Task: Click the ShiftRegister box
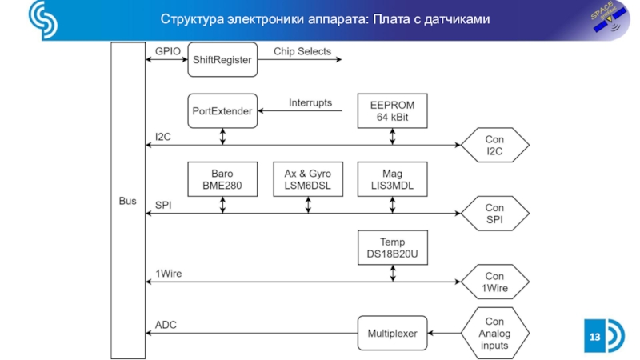[223, 60]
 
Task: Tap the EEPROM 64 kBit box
[392, 111]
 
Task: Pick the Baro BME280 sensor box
[222, 180]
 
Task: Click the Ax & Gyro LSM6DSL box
[307, 180]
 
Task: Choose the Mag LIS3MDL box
[392, 180]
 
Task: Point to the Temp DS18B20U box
[392, 248]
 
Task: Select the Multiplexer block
[392, 333]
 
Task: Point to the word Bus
[128, 200]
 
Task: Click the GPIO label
[168, 51]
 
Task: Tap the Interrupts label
[310, 102]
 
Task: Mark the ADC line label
[166, 324]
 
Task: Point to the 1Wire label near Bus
[168, 274]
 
